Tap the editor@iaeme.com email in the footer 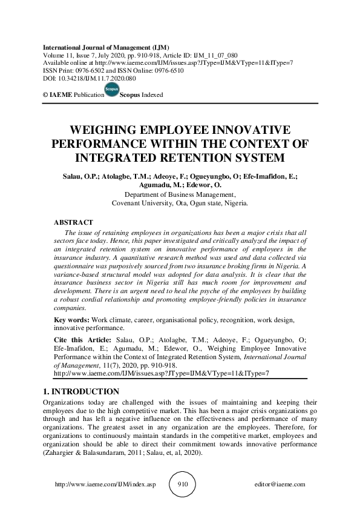281,485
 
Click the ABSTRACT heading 73,223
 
